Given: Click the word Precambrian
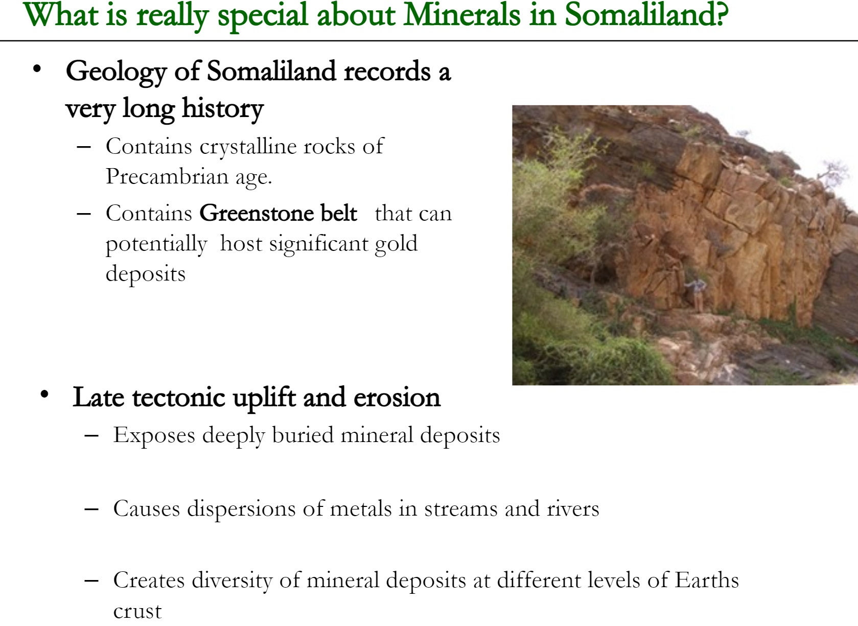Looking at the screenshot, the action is click(167, 176).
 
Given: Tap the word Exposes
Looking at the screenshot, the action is click(154, 435).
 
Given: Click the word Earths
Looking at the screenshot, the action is click(707, 580).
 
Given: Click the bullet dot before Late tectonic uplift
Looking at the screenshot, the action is click(44, 394).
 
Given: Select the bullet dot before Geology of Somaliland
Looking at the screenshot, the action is click(37, 69).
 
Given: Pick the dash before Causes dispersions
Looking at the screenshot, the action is click(91, 509).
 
